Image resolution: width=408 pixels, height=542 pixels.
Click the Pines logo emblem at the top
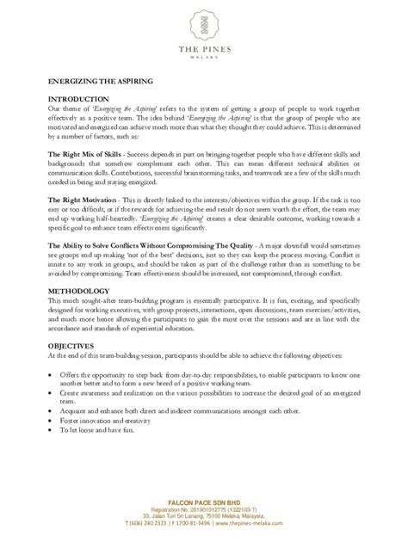(204, 26)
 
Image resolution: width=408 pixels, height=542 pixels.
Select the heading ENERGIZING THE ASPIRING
(89, 80)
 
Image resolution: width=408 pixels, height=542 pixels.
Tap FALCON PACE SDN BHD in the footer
(204, 500)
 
